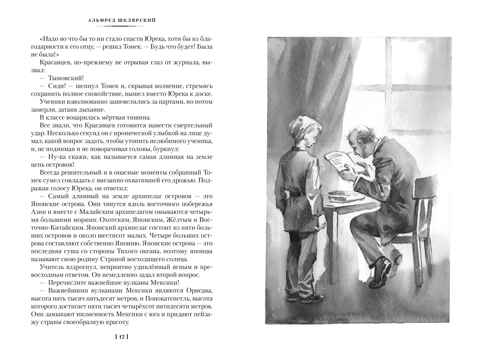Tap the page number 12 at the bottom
click(122, 336)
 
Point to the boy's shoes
click(308, 298)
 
